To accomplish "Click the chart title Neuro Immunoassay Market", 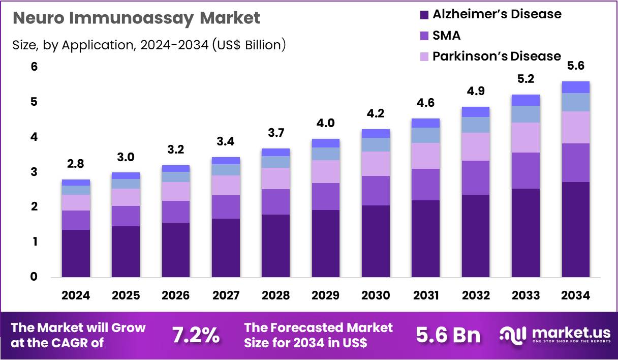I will (136, 18).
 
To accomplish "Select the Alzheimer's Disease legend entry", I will (497, 14).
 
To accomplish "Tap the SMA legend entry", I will (446, 35).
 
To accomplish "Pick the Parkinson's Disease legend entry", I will (496, 56).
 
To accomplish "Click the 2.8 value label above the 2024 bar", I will (76, 164).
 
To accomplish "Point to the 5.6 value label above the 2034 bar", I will (576, 66).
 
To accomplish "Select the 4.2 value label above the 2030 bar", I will (376, 114).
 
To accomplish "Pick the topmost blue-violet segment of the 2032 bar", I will (476, 112).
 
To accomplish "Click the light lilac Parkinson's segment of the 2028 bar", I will (276, 178).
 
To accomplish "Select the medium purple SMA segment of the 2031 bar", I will (426, 185).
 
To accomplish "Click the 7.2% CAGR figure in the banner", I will (196, 335).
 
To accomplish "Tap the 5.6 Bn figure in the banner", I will (448, 335).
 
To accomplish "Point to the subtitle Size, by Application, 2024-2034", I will (149, 45).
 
